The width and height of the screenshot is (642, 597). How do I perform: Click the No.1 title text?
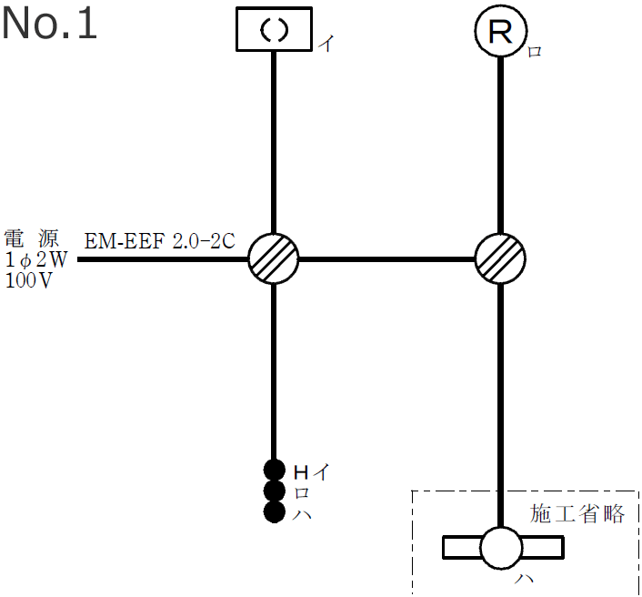(49, 25)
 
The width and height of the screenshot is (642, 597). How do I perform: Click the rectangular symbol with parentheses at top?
(274, 30)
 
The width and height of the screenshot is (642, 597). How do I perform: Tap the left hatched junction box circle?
(274, 259)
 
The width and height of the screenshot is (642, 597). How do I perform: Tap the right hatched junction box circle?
(500, 259)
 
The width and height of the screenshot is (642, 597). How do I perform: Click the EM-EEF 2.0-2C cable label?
(160, 242)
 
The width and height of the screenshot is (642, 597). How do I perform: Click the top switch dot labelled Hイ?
(274, 471)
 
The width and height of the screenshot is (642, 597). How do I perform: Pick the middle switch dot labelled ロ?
(274, 491)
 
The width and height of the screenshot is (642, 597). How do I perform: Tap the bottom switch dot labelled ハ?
(274, 512)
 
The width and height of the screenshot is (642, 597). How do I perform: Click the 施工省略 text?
(577, 514)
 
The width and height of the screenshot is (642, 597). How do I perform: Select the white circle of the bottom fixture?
(501, 548)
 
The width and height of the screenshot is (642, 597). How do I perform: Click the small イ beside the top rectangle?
(324, 44)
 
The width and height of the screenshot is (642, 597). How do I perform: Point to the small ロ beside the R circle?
(535, 52)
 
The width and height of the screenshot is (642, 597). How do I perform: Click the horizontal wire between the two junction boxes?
(386, 259)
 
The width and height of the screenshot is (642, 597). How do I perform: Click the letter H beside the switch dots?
(301, 471)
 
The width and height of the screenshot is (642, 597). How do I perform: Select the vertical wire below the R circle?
(500, 146)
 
